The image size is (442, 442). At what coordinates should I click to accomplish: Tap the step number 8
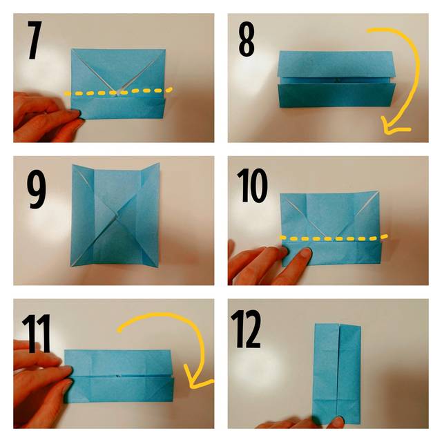click(247, 40)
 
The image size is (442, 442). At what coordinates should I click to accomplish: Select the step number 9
click(36, 191)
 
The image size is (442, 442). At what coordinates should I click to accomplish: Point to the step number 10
click(252, 185)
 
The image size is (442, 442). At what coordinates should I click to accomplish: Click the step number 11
click(36, 334)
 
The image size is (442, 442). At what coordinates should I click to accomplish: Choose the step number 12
click(246, 329)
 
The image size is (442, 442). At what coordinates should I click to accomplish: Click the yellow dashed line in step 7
click(118, 92)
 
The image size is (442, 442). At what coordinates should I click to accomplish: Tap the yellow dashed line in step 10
click(334, 238)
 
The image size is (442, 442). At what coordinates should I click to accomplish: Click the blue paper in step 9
click(115, 215)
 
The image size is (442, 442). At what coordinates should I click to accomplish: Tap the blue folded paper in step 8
click(336, 79)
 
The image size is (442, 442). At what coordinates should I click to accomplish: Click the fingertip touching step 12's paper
click(338, 421)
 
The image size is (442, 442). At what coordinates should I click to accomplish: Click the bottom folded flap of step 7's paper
click(117, 108)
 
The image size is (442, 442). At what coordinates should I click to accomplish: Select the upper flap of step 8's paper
click(336, 64)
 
